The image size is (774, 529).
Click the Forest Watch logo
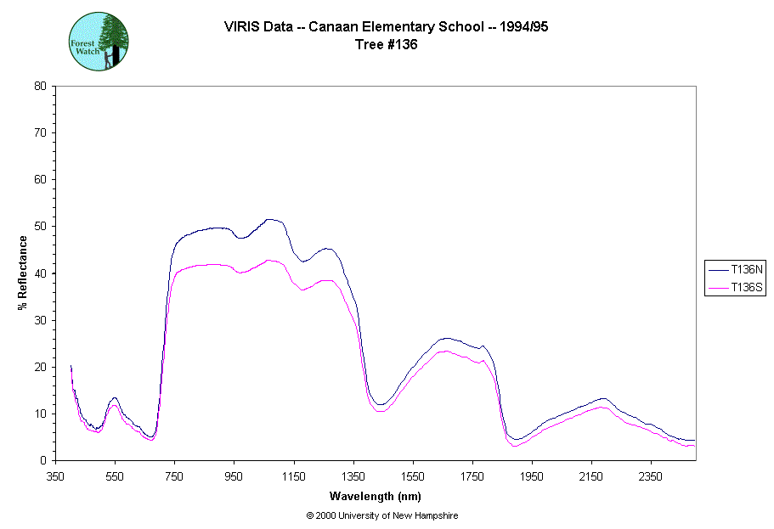(99, 41)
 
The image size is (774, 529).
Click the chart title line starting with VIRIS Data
(387, 27)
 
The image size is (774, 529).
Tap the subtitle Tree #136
(387, 45)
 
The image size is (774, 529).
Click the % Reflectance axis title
(23, 273)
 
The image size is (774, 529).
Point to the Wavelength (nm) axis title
(375, 497)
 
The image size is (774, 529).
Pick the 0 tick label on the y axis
(43, 460)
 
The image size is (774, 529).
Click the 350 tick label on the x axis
(55, 476)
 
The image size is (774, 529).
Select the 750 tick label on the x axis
(174, 476)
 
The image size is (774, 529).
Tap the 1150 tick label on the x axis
(293, 476)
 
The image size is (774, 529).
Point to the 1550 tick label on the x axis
(413, 476)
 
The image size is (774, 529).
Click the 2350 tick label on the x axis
(651, 476)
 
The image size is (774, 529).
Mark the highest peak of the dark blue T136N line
(269, 219)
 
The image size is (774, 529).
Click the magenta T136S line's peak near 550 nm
(114, 405)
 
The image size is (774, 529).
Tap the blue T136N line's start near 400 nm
(71, 366)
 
